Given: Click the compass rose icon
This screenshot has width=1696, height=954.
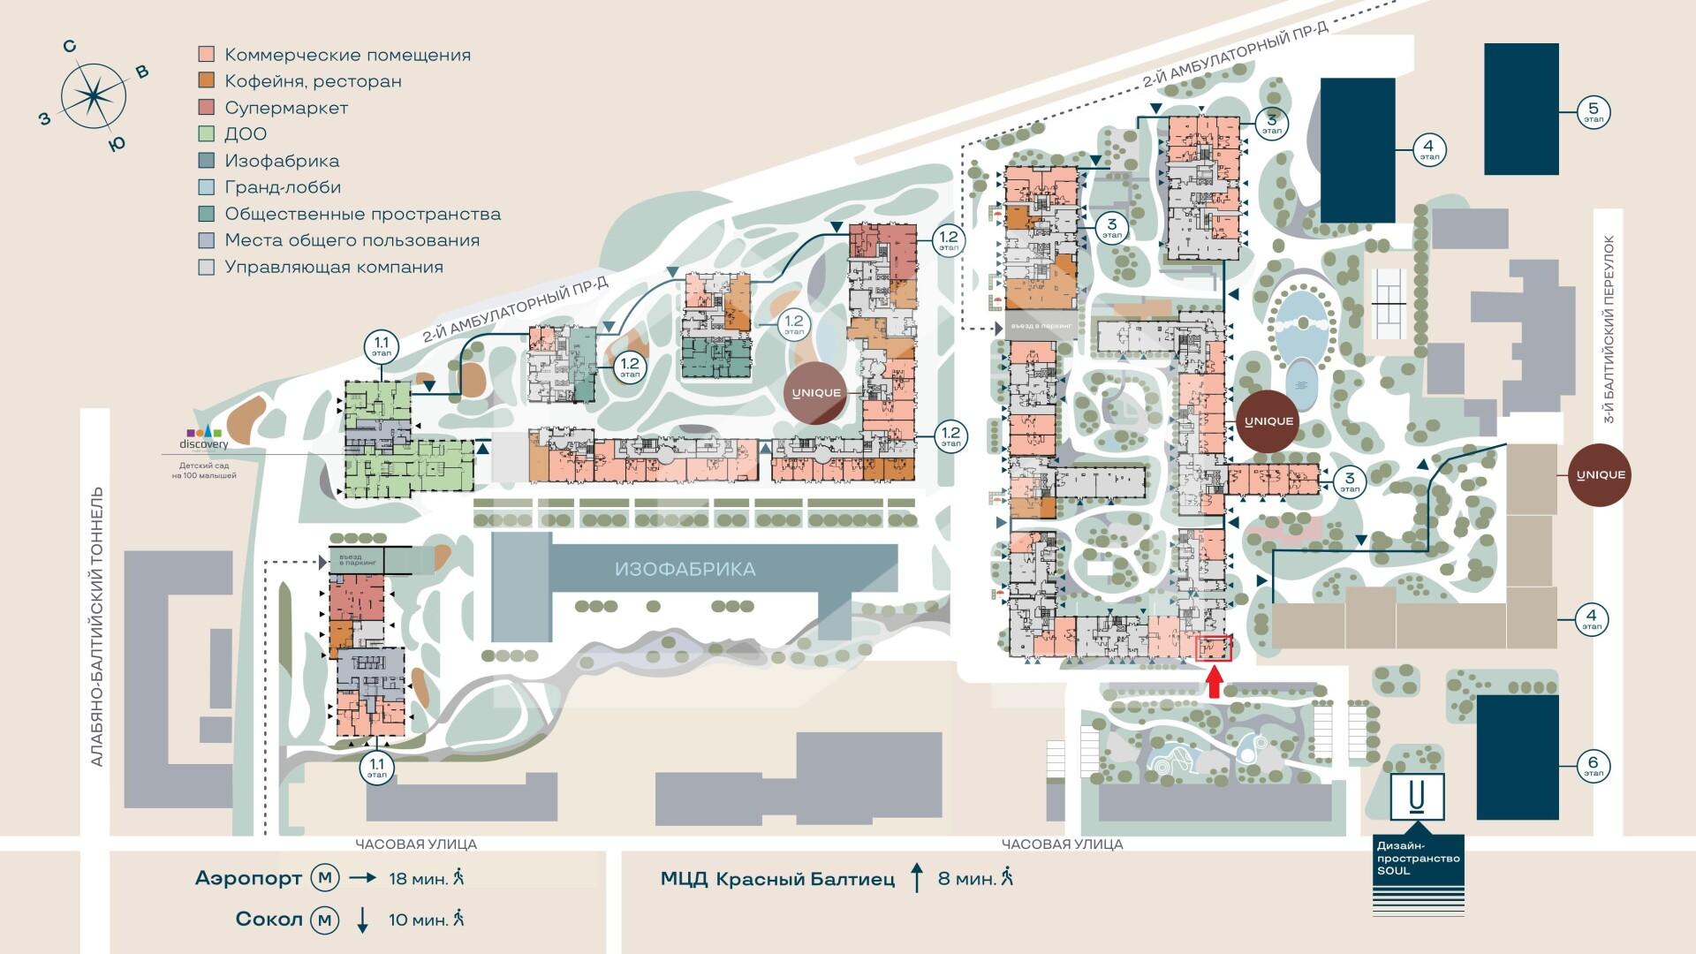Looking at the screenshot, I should [x=92, y=94].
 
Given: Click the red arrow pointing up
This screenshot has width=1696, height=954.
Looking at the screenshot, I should [x=1215, y=683].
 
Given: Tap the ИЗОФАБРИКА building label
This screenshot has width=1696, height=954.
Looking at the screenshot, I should [x=685, y=569].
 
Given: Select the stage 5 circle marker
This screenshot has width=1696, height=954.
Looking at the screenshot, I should [x=1594, y=112].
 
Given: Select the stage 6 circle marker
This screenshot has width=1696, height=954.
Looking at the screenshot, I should [x=1594, y=765].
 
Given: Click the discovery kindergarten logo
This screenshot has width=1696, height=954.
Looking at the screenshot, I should [x=203, y=437].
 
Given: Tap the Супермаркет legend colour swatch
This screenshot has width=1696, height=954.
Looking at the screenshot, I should [x=207, y=108].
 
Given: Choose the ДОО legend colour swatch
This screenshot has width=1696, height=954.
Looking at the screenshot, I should [x=207, y=134].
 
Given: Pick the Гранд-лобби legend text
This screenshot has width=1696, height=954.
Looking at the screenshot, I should [x=283, y=187].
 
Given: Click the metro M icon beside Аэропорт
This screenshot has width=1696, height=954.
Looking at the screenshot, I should [x=325, y=878].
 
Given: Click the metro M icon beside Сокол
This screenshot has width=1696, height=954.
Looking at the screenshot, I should [x=325, y=920].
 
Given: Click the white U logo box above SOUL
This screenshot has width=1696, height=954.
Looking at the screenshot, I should [x=1418, y=797].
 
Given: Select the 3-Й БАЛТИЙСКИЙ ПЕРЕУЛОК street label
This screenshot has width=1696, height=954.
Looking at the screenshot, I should [x=1609, y=329].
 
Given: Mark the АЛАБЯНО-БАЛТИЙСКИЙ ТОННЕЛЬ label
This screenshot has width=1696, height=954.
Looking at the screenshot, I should [x=97, y=627].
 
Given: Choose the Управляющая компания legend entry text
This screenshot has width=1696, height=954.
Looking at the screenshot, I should [x=334, y=267].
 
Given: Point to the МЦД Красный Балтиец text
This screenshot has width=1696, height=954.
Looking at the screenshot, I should [x=777, y=879].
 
